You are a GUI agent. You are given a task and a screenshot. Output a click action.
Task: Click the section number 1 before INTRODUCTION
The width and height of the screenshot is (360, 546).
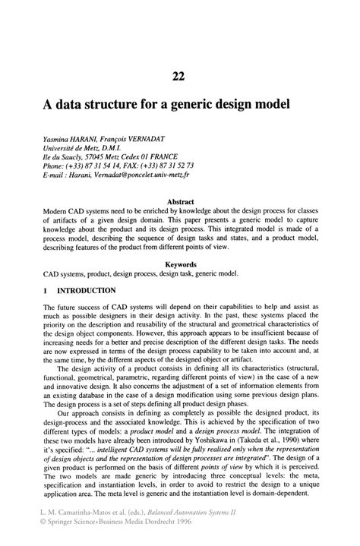(46, 291)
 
